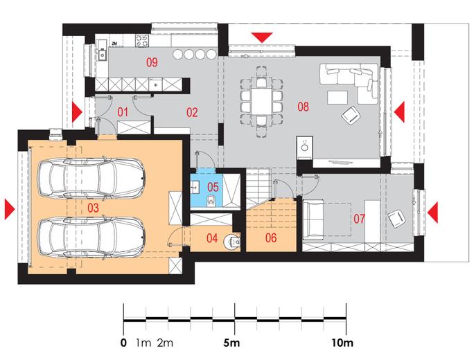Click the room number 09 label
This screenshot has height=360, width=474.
[x=152, y=63]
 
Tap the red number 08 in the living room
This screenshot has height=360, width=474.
[x=303, y=106]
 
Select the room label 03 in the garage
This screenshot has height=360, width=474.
[x=94, y=207]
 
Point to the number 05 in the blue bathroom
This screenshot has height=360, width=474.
[x=213, y=186]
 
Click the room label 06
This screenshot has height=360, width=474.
[x=270, y=237]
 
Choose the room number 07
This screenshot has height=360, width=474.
[x=359, y=219]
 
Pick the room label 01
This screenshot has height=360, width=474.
[x=123, y=111]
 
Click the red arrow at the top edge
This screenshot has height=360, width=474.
[x=263, y=36]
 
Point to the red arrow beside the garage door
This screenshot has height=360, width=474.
[x=9, y=207]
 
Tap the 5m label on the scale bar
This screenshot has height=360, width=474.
[x=232, y=343]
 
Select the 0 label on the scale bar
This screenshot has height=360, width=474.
[x=123, y=343]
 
